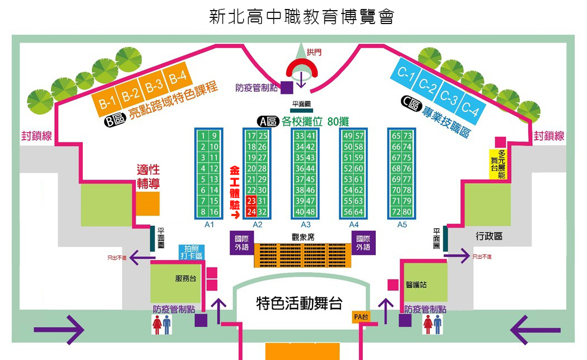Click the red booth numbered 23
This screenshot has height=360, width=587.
(x=251, y=201)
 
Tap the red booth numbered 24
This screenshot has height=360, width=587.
(x=251, y=212)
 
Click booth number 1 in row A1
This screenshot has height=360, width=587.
(x=204, y=135)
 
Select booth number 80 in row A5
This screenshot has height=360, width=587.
(x=407, y=212)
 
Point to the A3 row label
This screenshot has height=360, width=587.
(x=305, y=225)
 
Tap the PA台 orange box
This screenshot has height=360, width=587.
(x=361, y=317)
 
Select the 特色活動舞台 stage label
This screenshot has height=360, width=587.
(x=299, y=303)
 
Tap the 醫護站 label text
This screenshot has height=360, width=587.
(x=416, y=284)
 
